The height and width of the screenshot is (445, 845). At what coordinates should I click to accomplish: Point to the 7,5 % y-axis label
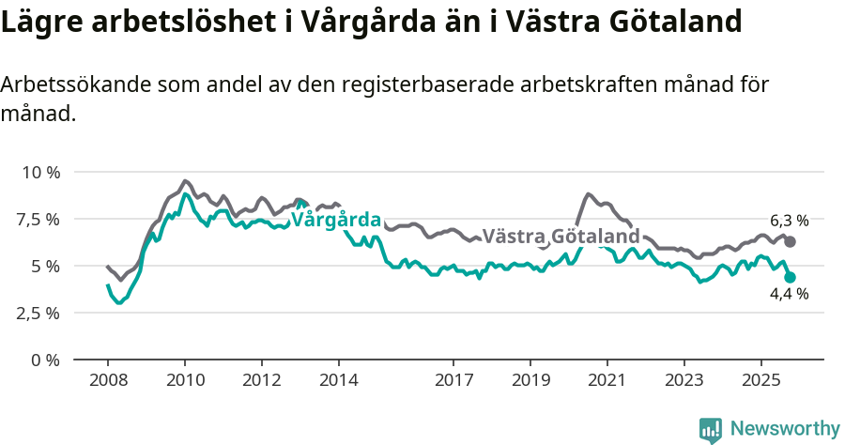[x=39, y=220]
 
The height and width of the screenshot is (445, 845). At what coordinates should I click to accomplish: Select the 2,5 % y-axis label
[x=39, y=314]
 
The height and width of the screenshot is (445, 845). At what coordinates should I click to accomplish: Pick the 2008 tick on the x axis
[x=108, y=380]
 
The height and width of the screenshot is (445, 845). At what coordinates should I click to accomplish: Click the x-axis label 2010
[x=185, y=380]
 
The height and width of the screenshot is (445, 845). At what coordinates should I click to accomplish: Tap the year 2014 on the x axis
[x=338, y=380]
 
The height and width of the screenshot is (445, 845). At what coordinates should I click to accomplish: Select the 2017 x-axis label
[x=453, y=380]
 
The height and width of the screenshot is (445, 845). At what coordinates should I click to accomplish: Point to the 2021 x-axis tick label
[x=607, y=380]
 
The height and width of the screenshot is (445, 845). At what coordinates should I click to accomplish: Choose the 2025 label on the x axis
[x=760, y=380]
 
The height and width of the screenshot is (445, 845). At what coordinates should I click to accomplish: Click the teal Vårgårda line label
[x=336, y=221]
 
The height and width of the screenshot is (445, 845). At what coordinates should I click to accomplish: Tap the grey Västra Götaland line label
[x=561, y=236]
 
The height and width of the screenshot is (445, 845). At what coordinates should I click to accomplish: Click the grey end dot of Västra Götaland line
[x=791, y=241]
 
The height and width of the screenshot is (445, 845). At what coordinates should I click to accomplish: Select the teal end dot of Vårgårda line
[x=791, y=277]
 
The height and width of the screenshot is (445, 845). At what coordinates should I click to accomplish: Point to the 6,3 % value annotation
[x=789, y=221]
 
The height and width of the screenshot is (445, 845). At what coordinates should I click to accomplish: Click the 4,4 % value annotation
[x=789, y=295]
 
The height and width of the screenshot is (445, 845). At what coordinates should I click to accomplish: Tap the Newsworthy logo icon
[x=711, y=430]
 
